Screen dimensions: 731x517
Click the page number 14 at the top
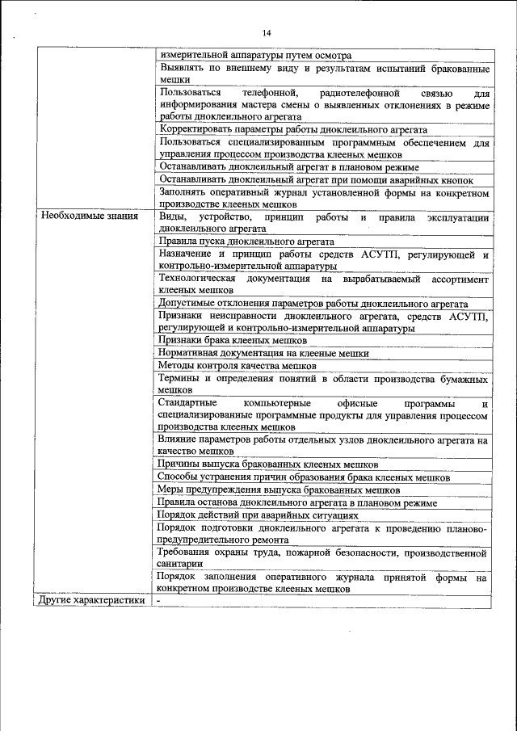click(x=267, y=32)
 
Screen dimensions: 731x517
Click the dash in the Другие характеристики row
click(x=160, y=600)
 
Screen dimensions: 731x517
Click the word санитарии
click(x=182, y=564)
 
